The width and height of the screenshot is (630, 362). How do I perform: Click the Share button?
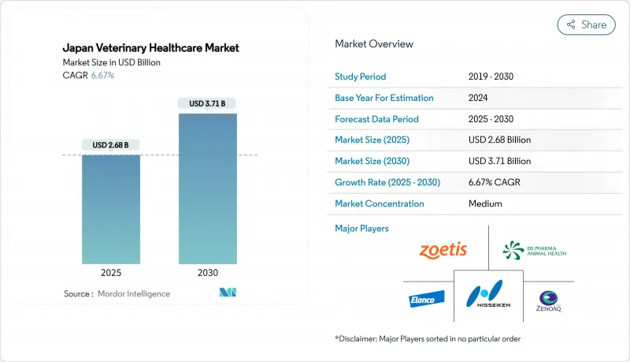tap(586, 24)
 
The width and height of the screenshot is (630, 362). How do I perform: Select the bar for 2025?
tap(111, 209)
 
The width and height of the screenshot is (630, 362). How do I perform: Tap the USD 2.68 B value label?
tap(111, 145)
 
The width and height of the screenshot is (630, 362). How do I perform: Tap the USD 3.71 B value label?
tap(207, 103)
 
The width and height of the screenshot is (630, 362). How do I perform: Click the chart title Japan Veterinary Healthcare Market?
tap(150, 48)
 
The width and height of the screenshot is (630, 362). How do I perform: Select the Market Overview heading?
tap(373, 44)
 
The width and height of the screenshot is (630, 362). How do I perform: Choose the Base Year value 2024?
tap(480, 98)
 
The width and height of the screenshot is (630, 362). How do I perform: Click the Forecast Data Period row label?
tap(376, 119)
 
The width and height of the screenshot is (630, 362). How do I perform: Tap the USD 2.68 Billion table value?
tap(499, 140)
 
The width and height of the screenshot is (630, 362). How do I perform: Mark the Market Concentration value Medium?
tap(486, 203)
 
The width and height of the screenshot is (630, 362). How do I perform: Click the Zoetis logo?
tap(443, 250)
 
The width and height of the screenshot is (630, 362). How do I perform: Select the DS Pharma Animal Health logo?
tap(534, 251)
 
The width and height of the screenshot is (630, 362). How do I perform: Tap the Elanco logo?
tap(426, 299)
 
